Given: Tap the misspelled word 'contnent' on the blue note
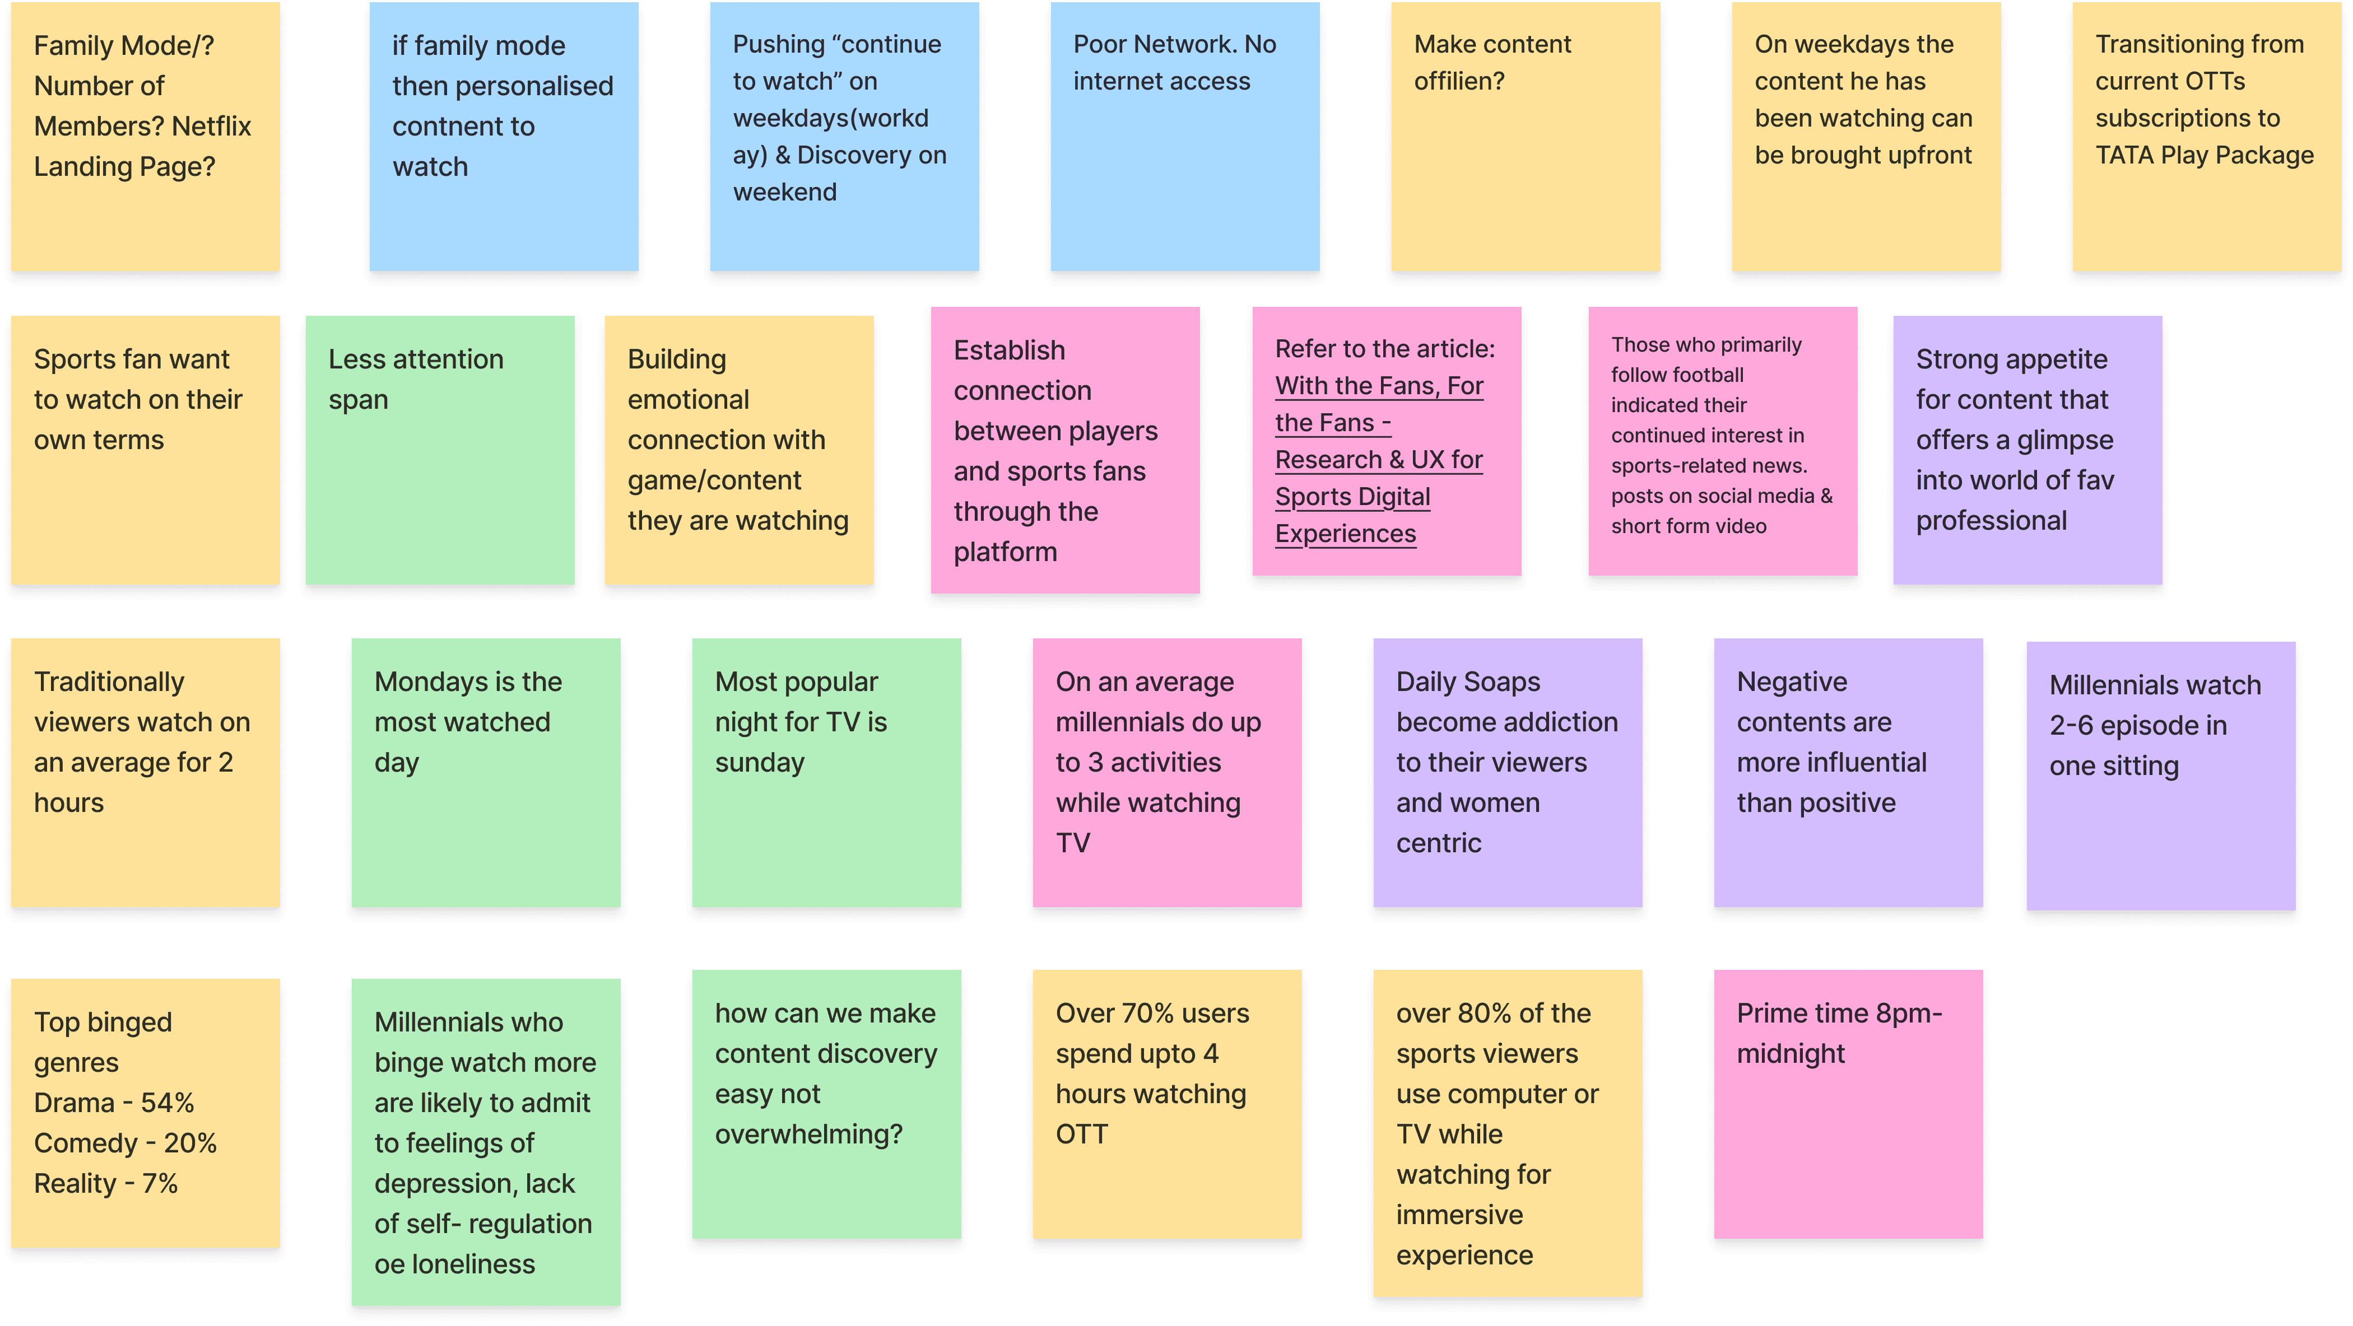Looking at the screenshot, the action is coord(451,126).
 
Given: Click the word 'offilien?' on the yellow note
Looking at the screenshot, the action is coord(1459,81).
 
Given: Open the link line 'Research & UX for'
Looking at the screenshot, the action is coord(1378,459).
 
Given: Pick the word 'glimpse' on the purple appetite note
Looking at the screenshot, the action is coord(2064,440).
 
